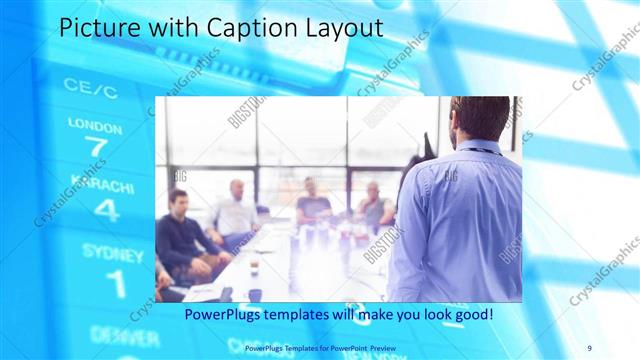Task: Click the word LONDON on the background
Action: click(95, 125)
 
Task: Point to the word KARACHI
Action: click(99, 188)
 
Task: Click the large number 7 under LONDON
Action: click(95, 147)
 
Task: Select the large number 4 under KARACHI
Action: click(106, 210)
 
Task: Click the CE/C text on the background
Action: click(90, 88)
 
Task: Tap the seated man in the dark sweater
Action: click(179, 236)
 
